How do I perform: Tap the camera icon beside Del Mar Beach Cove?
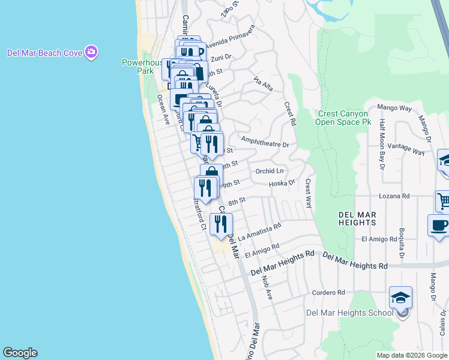pos(91,52)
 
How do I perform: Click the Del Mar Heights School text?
pos(342,312)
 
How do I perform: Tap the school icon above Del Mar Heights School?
pos(401,298)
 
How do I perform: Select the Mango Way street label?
pos(394,109)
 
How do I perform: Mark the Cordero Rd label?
pos(328,293)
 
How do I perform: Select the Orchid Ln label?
pos(269,171)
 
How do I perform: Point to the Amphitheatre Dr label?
pos(265,145)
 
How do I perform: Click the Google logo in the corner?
pos(20,353)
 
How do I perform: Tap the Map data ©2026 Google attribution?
pos(412,355)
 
